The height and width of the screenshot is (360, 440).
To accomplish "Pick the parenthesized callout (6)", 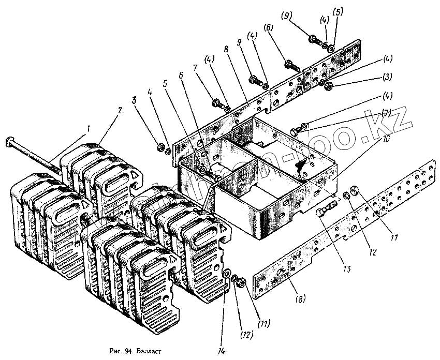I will (269, 27).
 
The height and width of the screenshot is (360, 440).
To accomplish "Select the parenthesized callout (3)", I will (388, 77).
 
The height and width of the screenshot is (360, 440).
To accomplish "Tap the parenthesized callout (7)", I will (386, 113).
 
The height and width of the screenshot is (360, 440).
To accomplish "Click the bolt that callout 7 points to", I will (216, 101).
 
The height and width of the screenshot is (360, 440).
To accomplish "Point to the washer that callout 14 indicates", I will (226, 273).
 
